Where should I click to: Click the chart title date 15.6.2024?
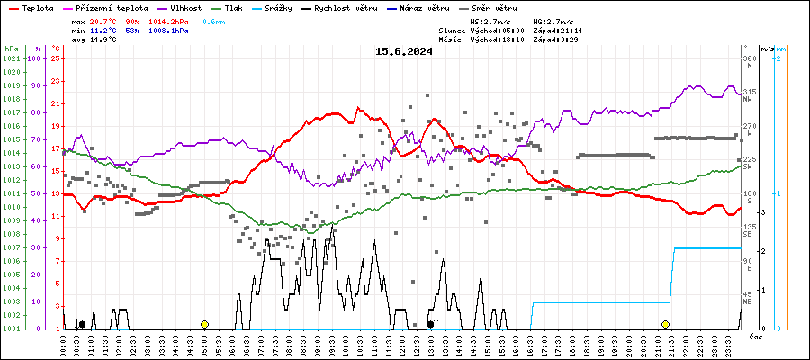pyautogui.click(x=404, y=51)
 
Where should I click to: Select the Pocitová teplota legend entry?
pyautogui.click(x=105, y=7)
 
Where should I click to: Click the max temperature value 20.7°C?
pyautogui.click(x=103, y=20)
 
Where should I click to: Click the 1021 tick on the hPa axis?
pyautogui.click(x=11, y=58)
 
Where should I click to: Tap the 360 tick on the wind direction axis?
pyautogui.click(x=749, y=58)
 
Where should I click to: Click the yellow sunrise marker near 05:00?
pyautogui.click(x=205, y=324)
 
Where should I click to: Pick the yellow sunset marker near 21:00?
pyautogui.click(x=665, y=324)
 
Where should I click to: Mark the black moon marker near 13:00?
pyautogui.click(x=431, y=324)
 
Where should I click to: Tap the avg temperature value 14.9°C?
pyautogui.click(x=103, y=40)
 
